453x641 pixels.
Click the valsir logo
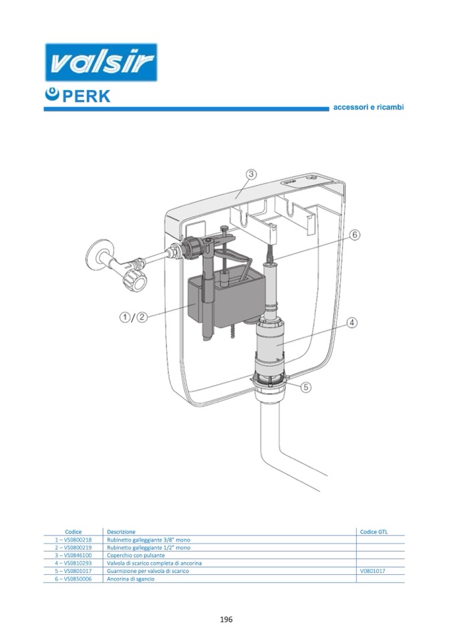point(100,63)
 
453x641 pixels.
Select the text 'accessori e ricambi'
point(369,107)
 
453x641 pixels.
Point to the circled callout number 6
point(354,235)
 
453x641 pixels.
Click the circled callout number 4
point(352,323)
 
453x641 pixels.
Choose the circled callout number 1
point(126,317)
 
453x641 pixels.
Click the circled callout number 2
point(142,317)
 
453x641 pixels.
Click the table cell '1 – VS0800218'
point(73,539)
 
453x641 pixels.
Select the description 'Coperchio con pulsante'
point(134,555)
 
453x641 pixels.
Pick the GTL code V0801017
point(373,571)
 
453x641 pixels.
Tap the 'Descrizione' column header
point(121,531)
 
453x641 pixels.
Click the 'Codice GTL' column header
point(373,531)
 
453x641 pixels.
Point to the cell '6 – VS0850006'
point(73,580)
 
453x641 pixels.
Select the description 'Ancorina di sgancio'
point(131,580)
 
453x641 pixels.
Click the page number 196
point(226,620)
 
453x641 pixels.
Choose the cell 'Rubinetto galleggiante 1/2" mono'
point(148,547)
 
